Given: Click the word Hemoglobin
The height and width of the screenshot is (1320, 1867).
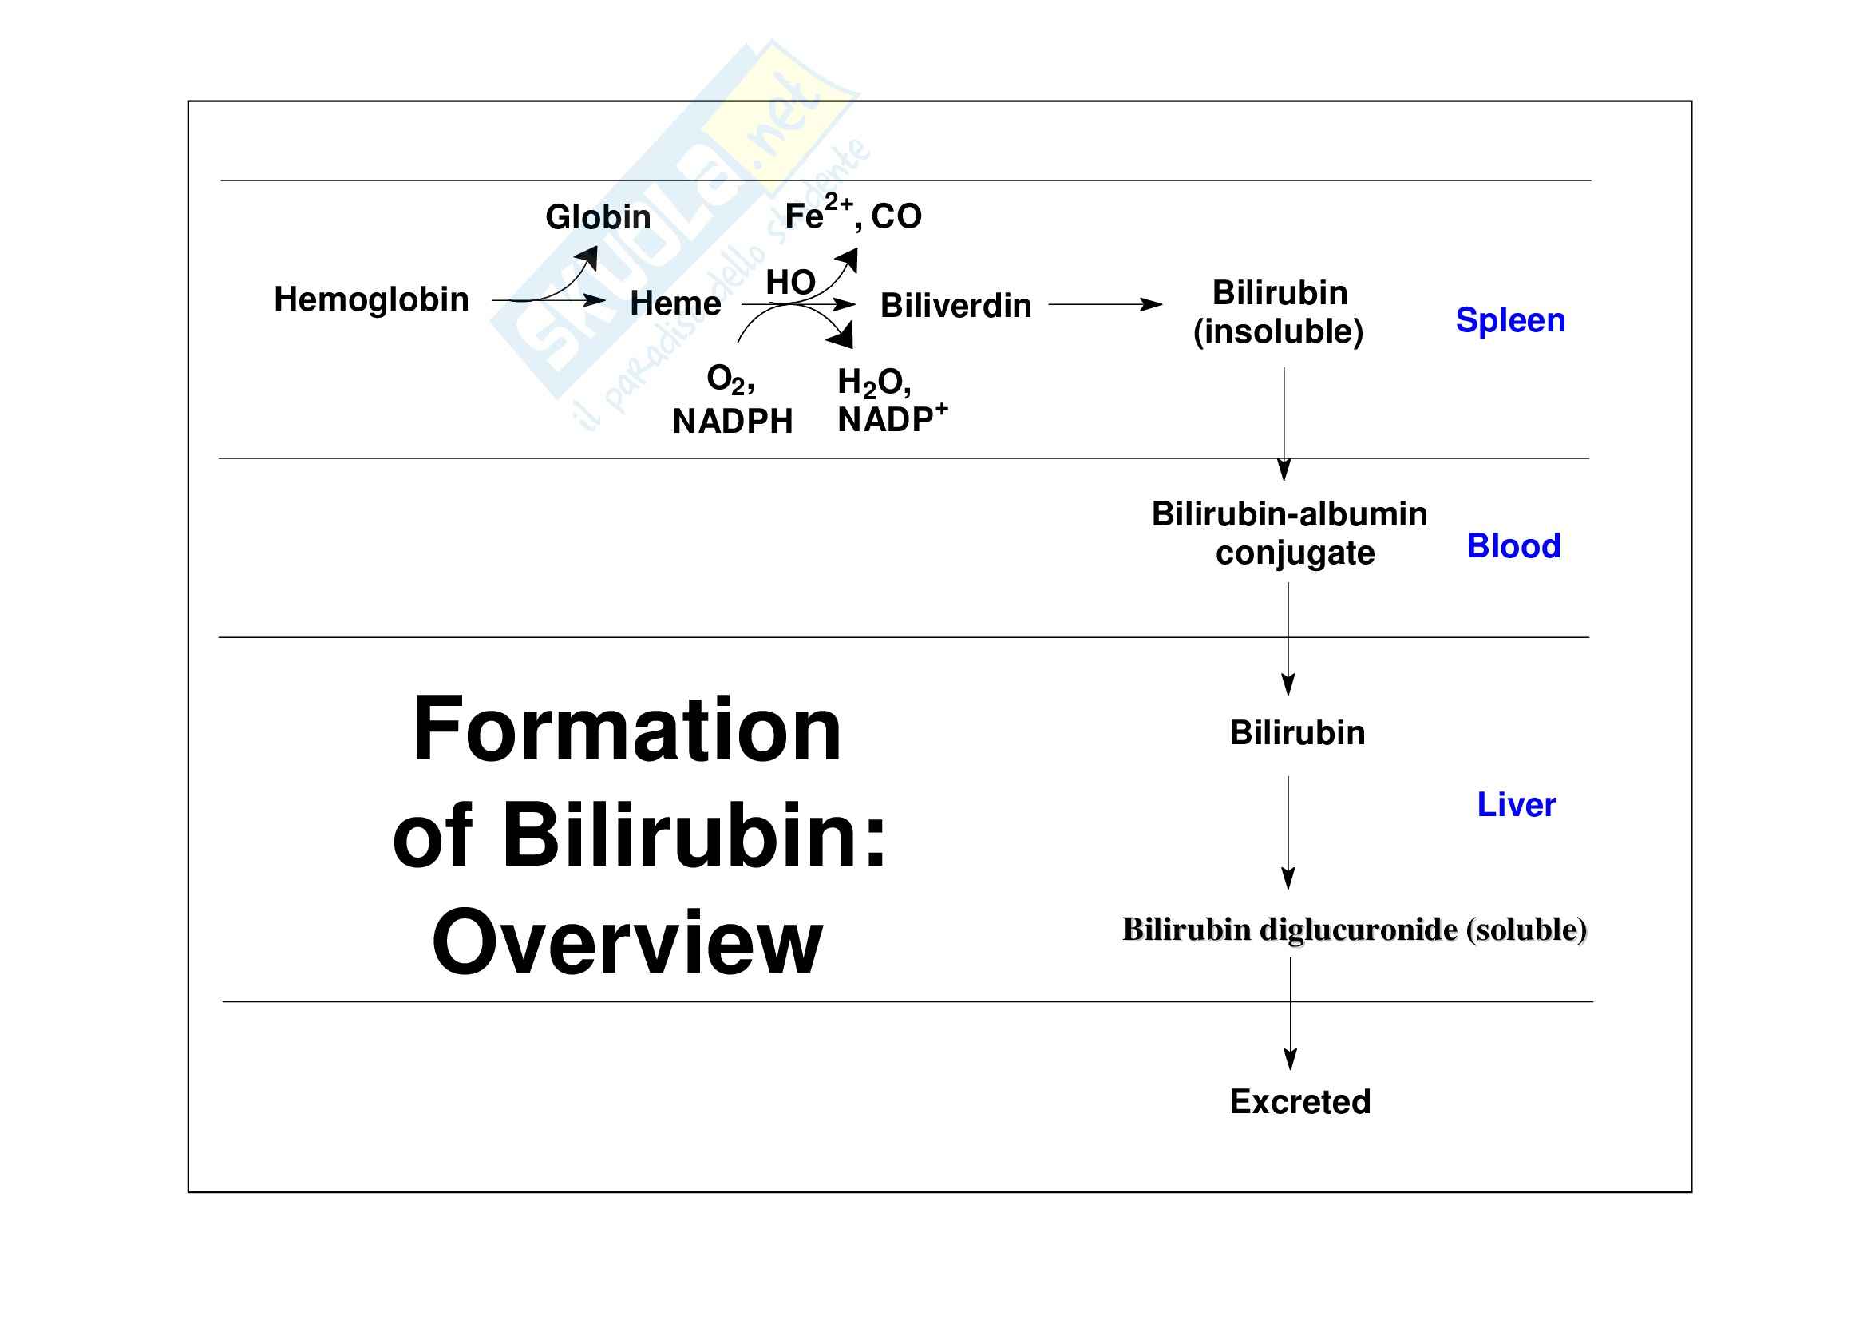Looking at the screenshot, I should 371,299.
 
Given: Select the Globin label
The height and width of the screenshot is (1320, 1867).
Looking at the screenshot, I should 598,217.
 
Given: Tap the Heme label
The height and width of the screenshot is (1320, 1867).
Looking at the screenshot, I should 675,303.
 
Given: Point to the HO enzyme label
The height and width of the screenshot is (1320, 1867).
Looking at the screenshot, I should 790,282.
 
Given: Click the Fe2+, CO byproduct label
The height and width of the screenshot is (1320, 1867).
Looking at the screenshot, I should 853,216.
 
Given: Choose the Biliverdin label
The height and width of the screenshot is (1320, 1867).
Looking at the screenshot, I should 955,306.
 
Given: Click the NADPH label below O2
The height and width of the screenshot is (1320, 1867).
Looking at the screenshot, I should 732,422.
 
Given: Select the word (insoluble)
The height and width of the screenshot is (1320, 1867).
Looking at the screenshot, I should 1277,332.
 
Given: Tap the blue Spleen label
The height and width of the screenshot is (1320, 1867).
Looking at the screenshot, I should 1510,319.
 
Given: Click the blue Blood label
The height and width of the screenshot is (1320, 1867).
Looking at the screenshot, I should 1513,545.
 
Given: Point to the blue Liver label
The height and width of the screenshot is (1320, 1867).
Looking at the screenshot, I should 1516,804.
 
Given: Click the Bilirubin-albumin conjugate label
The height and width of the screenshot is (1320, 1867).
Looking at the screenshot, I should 1290,533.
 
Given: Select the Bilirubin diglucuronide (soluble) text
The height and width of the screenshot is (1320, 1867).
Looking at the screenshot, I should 1354,929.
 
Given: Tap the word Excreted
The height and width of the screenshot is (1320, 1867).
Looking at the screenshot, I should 1299,1101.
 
